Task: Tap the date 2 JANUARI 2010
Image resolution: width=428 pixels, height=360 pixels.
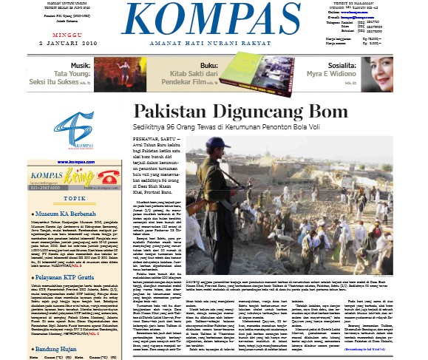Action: (62, 43)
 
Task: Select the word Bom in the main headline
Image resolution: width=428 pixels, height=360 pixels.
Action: (328, 112)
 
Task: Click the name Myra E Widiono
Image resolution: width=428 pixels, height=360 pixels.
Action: (322, 75)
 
